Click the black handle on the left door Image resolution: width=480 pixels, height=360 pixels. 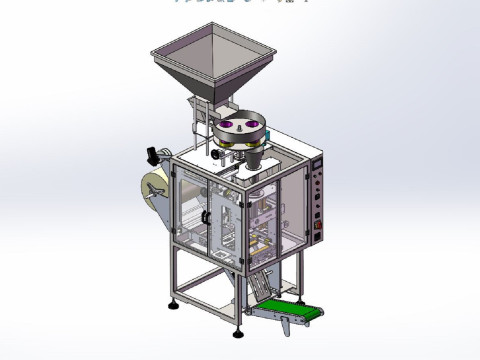coord(205,216)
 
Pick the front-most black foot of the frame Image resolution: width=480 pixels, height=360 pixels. coord(241,321)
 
